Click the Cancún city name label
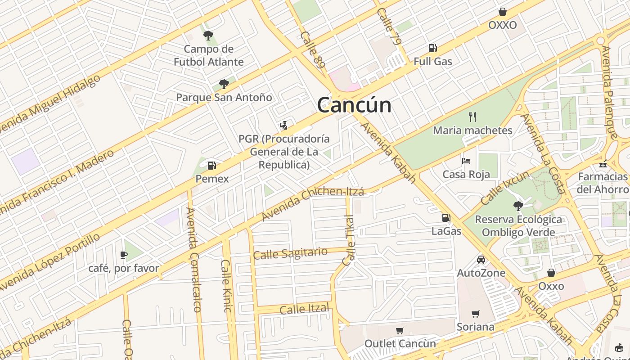(x=354, y=105)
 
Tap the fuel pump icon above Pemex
(x=211, y=166)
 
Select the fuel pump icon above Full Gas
(x=432, y=48)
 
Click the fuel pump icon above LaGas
(x=446, y=218)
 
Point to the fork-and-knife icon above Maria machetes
(x=472, y=117)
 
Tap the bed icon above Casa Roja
(x=466, y=161)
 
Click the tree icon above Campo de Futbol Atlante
(x=208, y=36)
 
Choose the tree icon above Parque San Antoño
(x=224, y=84)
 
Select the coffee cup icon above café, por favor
(x=124, y=255)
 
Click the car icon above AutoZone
(x=481, y=260)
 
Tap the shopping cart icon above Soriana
(x=475, y=314)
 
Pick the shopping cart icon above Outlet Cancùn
(x=400, y=331)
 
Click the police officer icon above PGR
(x=283, y=126)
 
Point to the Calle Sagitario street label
(x=290, y=253)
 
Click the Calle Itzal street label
(x=305, y=309)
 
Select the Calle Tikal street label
(x=349, y=241)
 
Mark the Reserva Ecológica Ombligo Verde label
(x=518, y=226)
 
